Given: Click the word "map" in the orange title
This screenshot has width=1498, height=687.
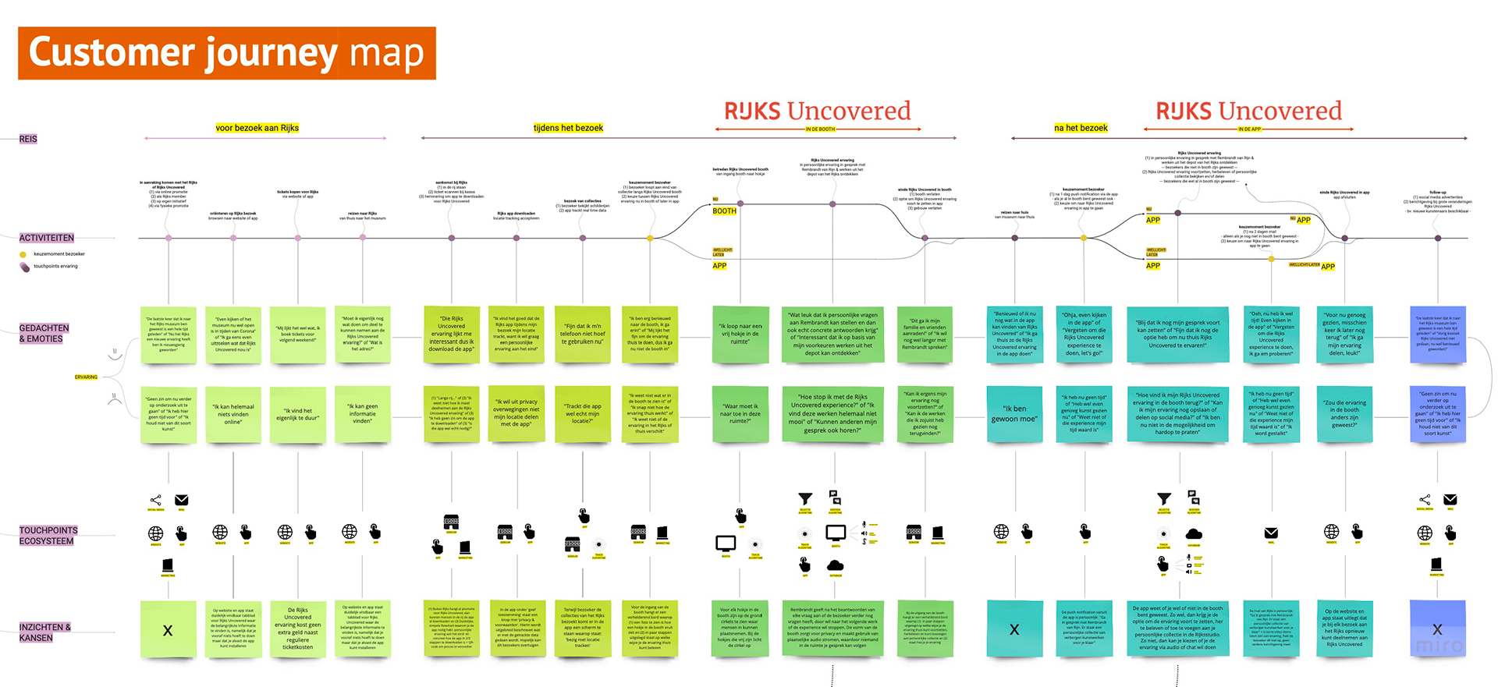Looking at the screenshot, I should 387,54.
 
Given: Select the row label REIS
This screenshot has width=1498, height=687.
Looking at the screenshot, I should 28,139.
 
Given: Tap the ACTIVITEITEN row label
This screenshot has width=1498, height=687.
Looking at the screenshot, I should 47,238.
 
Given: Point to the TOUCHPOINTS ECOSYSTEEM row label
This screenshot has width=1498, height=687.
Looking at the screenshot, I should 48,536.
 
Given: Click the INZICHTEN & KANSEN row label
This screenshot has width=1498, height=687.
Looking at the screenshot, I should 45,632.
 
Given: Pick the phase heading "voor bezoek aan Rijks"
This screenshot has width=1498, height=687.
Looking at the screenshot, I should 257,128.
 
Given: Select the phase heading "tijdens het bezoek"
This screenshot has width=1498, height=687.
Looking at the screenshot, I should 568,128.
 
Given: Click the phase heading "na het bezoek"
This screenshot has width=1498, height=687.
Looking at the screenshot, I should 1081,128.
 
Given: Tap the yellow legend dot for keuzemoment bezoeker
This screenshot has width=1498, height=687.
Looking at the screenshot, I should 23,254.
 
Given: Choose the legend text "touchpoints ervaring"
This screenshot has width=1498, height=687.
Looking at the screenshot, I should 55,267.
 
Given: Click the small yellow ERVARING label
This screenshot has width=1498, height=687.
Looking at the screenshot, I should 86,377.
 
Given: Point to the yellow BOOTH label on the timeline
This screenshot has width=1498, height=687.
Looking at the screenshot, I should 724,211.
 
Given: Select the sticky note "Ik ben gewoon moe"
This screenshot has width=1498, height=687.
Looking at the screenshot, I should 1014,413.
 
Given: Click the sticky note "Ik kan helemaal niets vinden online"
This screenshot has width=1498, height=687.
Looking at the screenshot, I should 233,414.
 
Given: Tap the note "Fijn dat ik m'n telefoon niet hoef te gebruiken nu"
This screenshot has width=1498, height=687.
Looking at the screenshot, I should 583,334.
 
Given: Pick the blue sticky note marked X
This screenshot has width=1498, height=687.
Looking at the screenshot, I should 1437,629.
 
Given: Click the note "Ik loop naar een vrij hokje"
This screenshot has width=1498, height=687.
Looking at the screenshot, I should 740,334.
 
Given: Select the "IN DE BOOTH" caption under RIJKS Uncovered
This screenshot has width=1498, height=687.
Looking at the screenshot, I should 820,129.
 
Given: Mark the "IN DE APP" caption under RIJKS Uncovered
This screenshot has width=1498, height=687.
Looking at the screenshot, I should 1250,129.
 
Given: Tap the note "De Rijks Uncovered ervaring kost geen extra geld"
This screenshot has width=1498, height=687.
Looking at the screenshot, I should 297,629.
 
